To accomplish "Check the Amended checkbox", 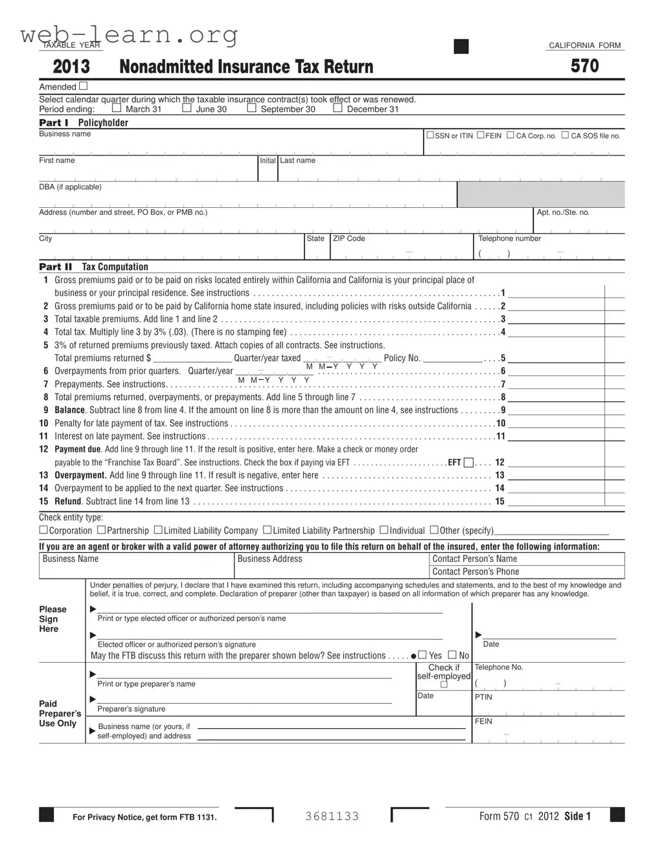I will (x=83, y=86).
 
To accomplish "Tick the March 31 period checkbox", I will (x=117, y=109).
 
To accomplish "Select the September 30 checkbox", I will (x=251, y=109).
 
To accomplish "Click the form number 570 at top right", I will (x=584, y=66).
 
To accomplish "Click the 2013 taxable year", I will (x=71, y=67).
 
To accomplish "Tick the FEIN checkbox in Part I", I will (x=481, y=135).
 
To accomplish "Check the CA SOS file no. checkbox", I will (x=565, y=135).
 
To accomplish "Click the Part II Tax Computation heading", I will (x=94, y=267).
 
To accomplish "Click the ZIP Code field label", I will (x=349, y=239).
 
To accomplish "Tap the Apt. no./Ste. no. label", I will (x=563, y=212).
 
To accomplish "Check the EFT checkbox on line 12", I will (x=468, y=462).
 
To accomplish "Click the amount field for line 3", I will (x=556, y=318).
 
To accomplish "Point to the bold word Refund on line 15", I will (x=68, y=501).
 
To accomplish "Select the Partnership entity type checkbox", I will (x=102, y=530).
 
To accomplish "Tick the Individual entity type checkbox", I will (x=384, y=530).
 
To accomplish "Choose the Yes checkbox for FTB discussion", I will (x=422, y=655).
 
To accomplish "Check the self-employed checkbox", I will (x=444, y=685).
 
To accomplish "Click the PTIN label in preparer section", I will (x=483, y=697).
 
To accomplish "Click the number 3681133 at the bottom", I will (x=332, y=816).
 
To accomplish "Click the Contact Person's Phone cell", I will (x=527, y=572).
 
